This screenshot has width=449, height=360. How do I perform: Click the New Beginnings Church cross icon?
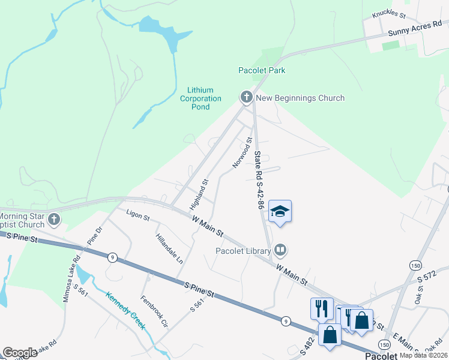coord(246,97)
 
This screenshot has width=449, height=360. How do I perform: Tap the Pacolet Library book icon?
coord(280,249)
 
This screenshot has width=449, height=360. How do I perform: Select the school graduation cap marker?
coord(280,211)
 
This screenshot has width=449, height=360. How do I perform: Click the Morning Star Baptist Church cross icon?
coord(54,219)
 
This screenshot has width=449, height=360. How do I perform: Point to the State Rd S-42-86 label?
coord(259,179)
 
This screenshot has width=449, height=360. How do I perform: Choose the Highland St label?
coord(199,194)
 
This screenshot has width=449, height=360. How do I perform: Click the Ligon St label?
coord(138,214)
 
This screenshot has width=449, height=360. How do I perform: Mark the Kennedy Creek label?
coord(125,310)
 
